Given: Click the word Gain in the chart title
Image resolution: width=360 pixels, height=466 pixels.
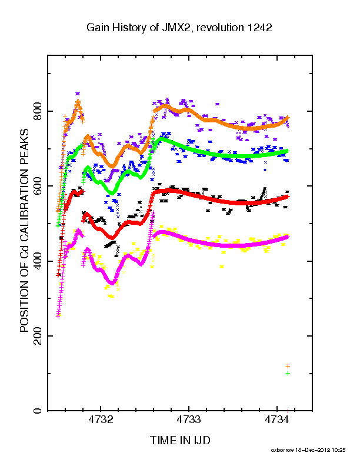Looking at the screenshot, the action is (x=98, y=28).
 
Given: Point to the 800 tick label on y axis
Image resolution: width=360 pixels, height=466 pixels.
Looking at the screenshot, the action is (x=38, y=111).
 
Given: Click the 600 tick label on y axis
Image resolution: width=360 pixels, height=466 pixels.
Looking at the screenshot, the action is (x=38, y=186).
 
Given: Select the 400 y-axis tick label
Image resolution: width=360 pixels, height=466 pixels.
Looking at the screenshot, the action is (x=38, y=261).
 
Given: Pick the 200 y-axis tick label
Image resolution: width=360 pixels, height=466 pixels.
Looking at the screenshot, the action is (x=38, y=336).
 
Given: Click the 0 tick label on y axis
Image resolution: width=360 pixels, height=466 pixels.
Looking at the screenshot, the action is (x=38, y=411).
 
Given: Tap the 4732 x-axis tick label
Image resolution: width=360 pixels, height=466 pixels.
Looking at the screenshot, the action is (x=101, y=420).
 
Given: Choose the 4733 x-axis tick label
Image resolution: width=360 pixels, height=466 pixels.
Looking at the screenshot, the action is (x=189, y=420).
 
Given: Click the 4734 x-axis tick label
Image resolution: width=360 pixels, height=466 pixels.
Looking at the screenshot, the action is (x=276, y=420).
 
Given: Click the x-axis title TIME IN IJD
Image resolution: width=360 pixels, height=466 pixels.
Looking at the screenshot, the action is (x=181, y=440).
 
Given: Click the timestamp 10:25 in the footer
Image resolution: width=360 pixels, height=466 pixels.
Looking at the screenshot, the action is (x=339, y=450).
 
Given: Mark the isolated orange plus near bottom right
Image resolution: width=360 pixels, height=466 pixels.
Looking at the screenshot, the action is (x=288, y=366).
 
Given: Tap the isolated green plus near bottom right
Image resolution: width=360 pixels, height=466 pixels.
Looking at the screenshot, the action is (x=288, y=373).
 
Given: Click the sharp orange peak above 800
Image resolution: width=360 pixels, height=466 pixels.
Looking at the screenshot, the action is (x=78, y=101).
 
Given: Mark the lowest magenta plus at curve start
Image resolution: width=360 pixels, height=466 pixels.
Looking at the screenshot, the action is (x=58, y=316).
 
